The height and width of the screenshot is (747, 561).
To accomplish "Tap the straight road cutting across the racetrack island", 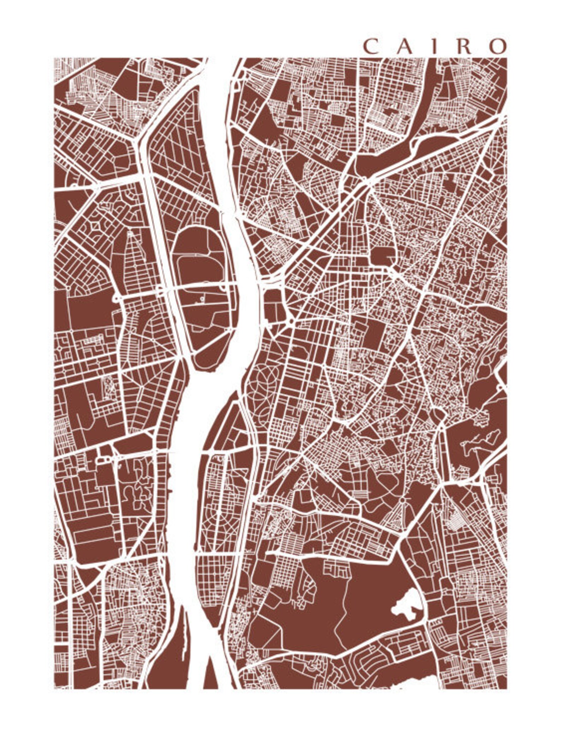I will click(198, 284).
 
